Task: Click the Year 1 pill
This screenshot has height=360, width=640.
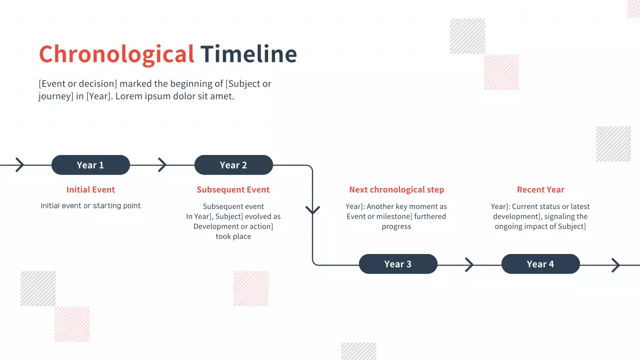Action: pyautogui.click(x=90, y=165)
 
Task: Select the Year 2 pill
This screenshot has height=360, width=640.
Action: pyautogui.click(x=233, y=165)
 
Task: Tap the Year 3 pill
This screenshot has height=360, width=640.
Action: pyautogui.click(x=398, y=264)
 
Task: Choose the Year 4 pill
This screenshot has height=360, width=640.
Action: pyautogui.click(x=540, y=264)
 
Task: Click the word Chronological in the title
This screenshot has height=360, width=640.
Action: pyautogui.click(x=116, y=54)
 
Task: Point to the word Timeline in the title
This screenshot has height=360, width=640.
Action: pyautogui.click(x=248, y=54)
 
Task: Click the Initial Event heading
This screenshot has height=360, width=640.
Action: pyautogui.click(x=90, y=189)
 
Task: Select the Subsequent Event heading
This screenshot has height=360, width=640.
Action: pyautogui.click(x=233, y=189)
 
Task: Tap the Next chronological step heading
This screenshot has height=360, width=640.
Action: pyautogui.click(x=396, y=189)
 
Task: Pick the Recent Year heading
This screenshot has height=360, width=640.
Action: pyautogui.click(x=540, y=189)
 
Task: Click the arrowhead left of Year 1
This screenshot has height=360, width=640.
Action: pyautogui.click(x=19, y=164)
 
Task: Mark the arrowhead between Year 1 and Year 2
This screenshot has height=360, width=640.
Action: pyautogui.click(x=162, y=164)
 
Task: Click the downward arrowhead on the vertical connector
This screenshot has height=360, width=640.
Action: pyautogui.click(x=312, y=209)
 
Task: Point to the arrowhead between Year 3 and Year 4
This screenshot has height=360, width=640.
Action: pyautogui.click(x=469, y=264)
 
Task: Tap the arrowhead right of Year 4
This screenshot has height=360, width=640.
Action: pyautogui.click(x=615, y=265)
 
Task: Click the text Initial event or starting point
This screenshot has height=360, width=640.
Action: pyautogui.click(x=90, y=205)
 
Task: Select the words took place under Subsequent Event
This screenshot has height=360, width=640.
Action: pyautogui.click(x=233, y=236)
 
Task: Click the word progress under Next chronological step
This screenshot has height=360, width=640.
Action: pyautogui.click(x=396, y=226)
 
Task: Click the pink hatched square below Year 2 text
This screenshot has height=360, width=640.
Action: pyautogui.click(x=251, y=288)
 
